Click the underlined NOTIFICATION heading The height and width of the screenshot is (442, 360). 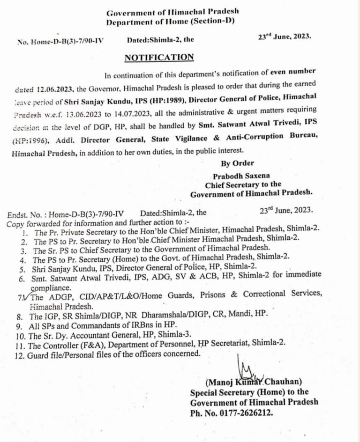(x=158, y=58)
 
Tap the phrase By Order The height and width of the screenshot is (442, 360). (x=237, y=163)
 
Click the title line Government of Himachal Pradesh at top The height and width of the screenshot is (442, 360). (x=170, y=12)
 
